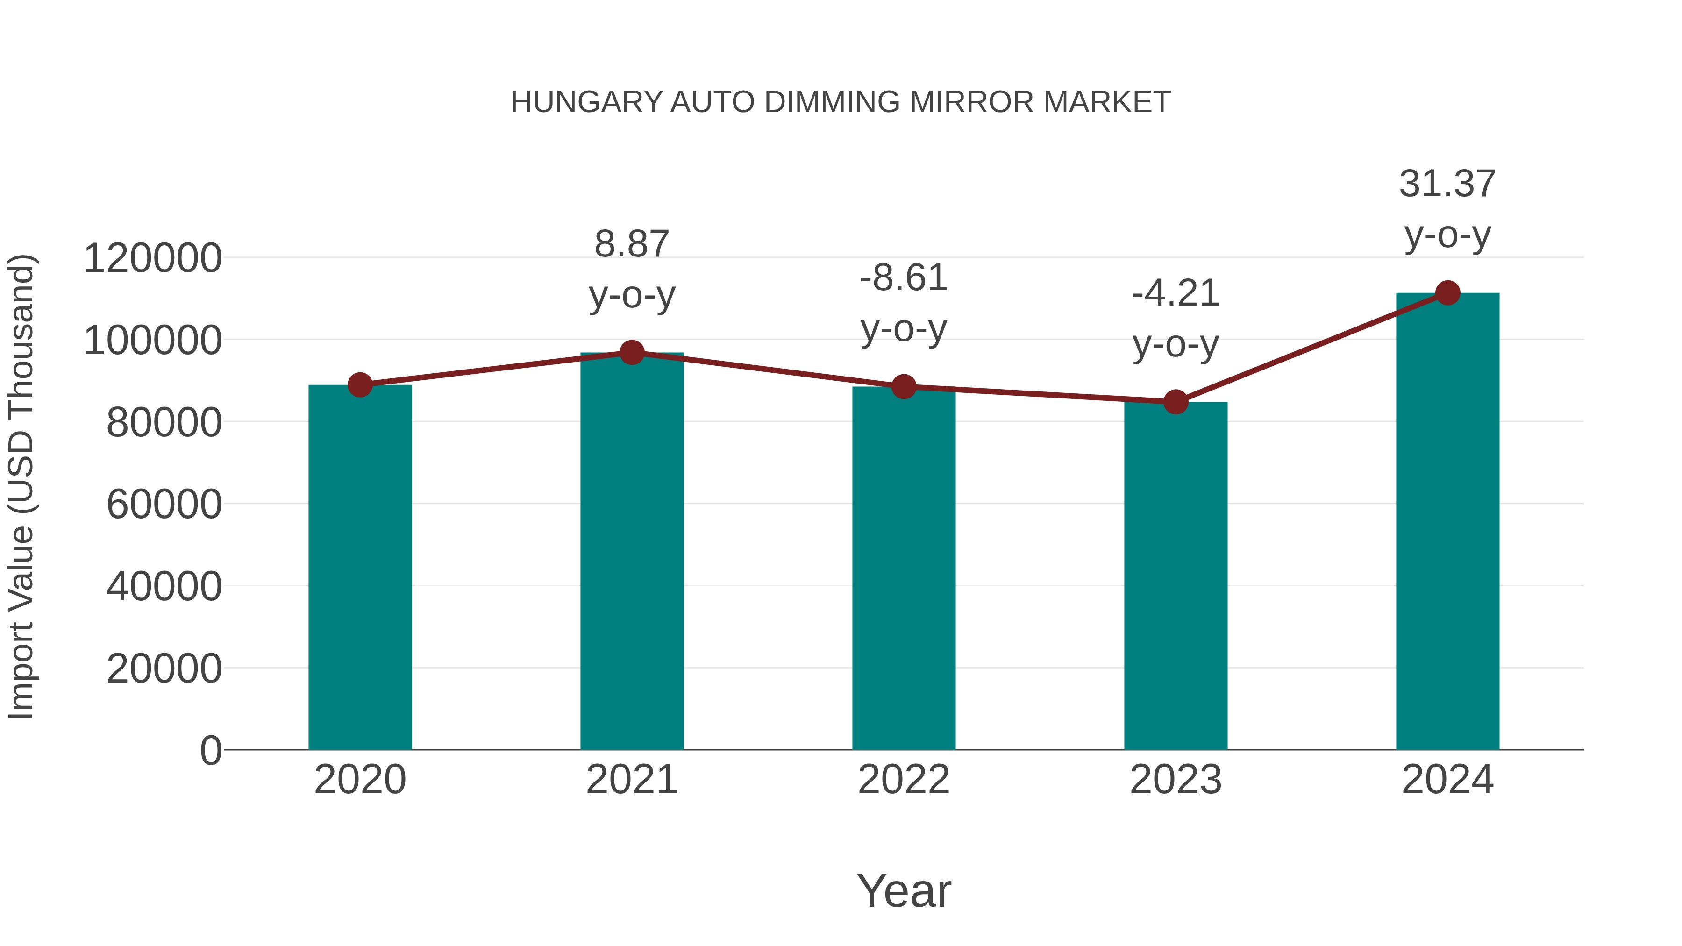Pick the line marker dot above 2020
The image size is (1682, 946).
click(x=360, y=385)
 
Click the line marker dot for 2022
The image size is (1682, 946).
click(x=904, y=386)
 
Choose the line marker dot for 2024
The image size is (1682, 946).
click(x=1447, y=293)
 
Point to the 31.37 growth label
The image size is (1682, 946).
click(x=1447, y=184)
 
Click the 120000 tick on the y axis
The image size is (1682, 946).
click(x=153, y=258)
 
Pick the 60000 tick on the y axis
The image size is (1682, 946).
click(x=164, y=504)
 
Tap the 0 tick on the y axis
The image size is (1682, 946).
click(x=211, y=750)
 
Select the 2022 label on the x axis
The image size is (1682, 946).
click(x=904, y=780)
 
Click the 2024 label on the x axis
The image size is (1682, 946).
click(x=1447, y=780)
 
